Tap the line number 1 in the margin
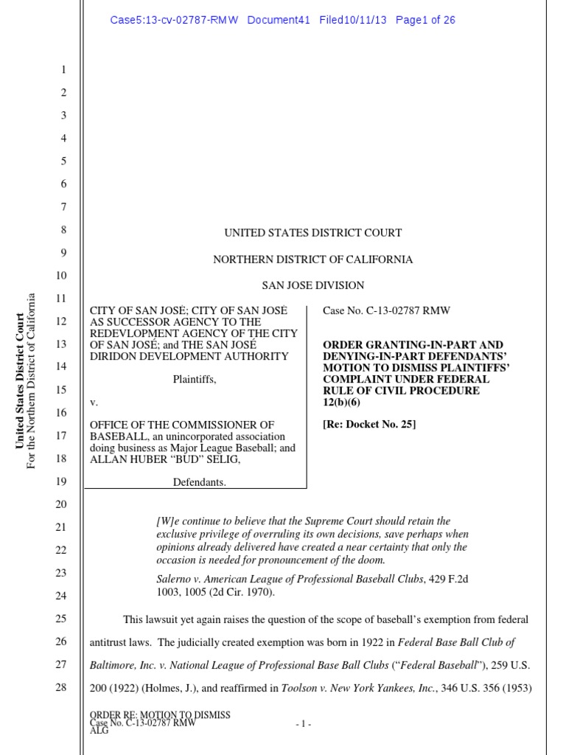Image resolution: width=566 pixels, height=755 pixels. [63, 70]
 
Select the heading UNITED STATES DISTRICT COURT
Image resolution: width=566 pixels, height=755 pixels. [312, 233]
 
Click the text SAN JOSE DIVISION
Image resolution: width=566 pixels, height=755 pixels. [312, 285]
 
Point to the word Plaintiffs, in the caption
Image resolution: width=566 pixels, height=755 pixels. [195, 379]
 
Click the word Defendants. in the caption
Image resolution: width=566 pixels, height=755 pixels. [199, 482]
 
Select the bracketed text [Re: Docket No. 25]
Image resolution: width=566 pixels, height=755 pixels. [369, 424]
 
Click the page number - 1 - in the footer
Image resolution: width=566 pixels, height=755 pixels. [303, 725]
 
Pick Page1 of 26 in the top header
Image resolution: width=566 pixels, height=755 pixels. [425, 20]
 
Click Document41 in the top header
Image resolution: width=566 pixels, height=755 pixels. [279, 20]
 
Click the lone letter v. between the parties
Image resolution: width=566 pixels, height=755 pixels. [93, 403]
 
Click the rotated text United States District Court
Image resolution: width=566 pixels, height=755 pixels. [20, 380]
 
